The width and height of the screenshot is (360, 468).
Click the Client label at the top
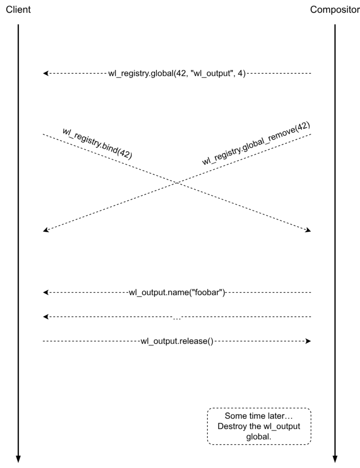tap(18, 10)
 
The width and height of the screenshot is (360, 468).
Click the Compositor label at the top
tap(335, 10)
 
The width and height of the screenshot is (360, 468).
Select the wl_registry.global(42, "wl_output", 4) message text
tap(177, 73)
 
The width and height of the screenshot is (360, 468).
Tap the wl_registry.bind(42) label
tap(97, 143)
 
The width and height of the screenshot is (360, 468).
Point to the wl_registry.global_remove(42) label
tap(256, 144)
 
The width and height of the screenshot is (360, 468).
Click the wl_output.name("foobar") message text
tap(177, 292)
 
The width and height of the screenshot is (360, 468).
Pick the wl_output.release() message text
tap(177, 341)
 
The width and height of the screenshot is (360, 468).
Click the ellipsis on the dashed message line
tap(177, 318)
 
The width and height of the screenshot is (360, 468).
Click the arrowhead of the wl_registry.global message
tap(46, 73)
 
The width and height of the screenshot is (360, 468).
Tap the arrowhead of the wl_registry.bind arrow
tap(308, 230)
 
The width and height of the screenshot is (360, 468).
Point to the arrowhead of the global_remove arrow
tap(46, 230)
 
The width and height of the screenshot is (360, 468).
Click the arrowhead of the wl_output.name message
tap(46, 292)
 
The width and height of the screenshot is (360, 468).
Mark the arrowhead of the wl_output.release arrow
tap(308, 341)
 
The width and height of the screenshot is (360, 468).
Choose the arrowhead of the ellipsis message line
tap(46, 317)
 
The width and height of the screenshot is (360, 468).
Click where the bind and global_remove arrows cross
tap(177, 183)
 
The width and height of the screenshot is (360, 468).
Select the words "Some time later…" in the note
tap(259, 416)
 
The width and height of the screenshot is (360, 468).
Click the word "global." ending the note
tap(259, 436)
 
